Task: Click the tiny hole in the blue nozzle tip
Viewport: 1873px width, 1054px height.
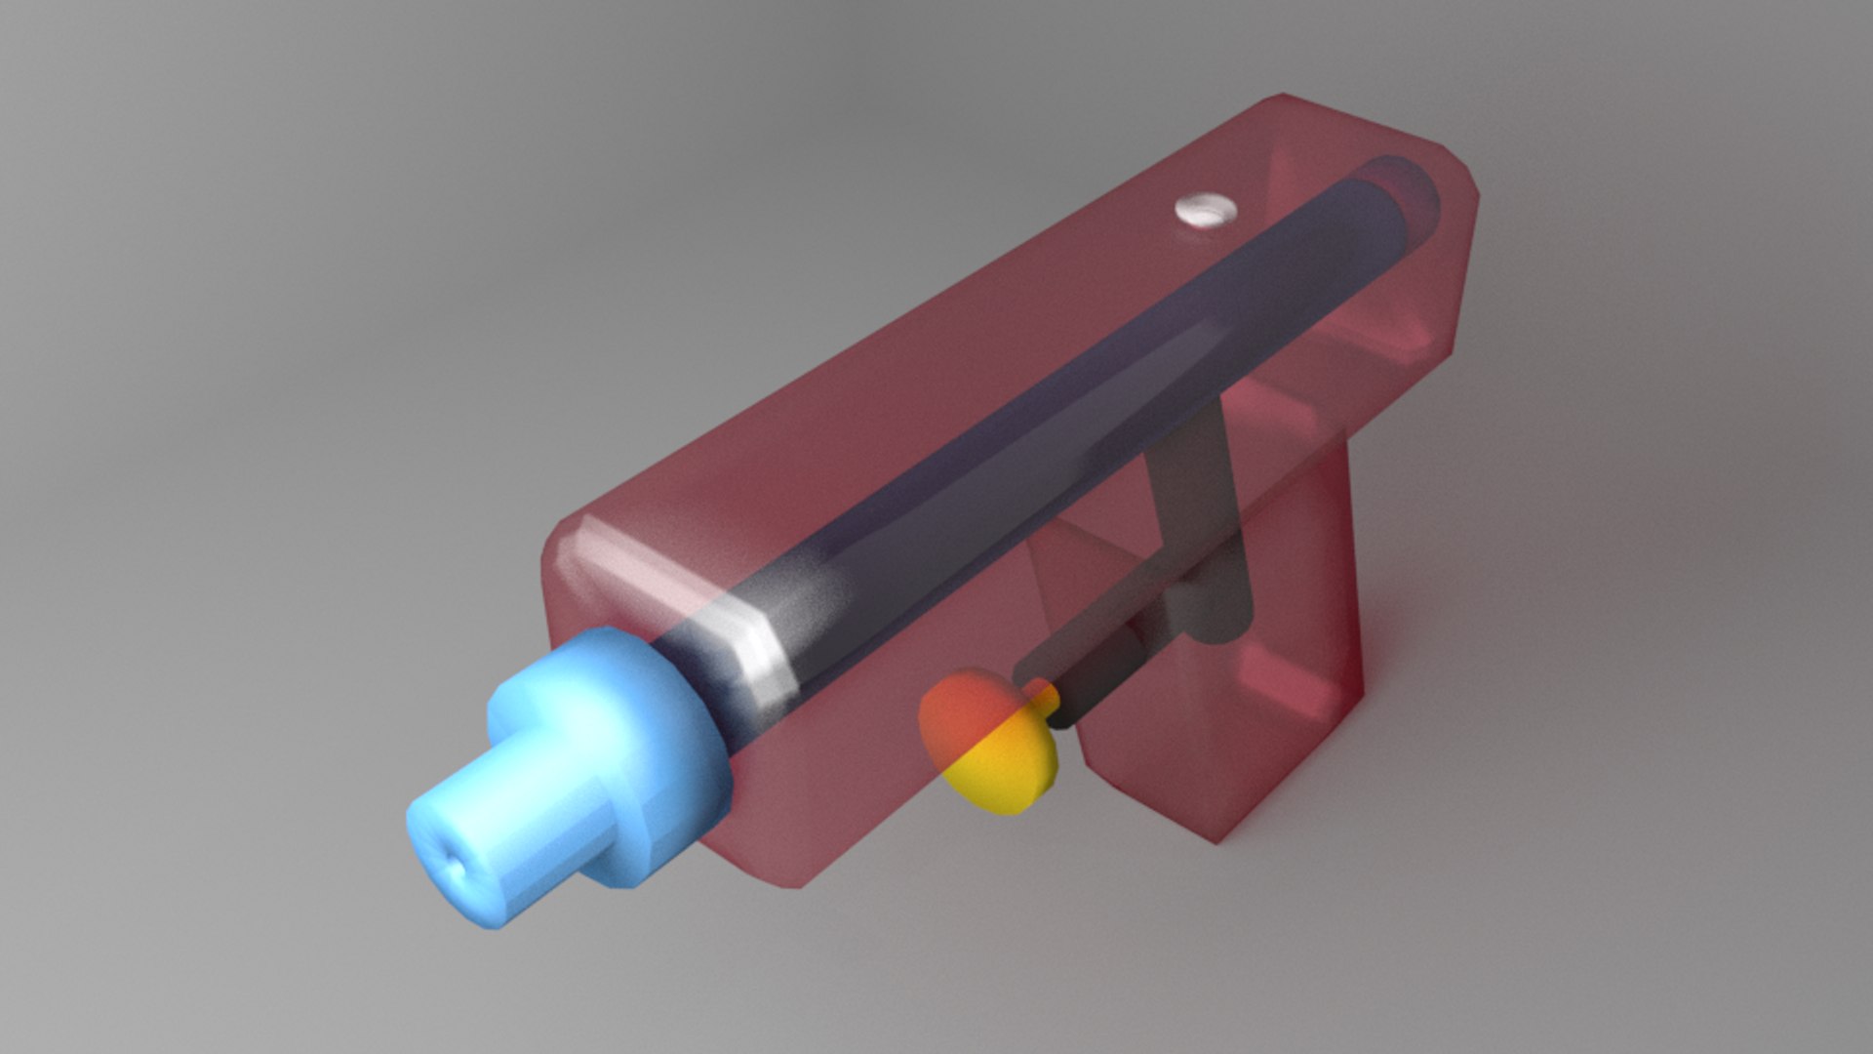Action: [455, 865]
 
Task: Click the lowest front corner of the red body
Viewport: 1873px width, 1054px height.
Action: [795, 883]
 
